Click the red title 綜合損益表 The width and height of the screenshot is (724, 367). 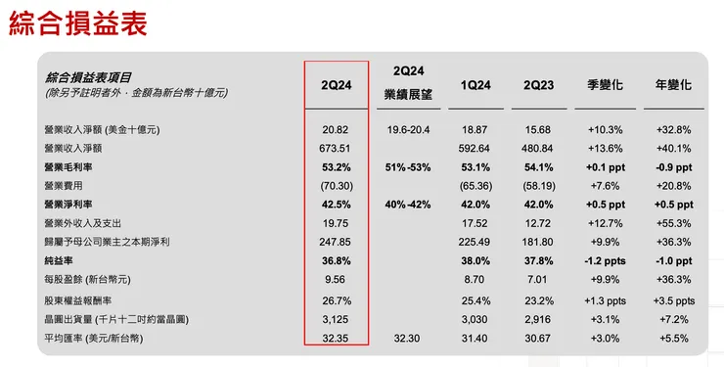coord(78,24)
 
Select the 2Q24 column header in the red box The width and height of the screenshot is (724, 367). coord(337,85)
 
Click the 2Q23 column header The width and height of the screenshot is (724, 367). coord(538,85)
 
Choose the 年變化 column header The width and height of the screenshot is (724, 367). coord(673,85)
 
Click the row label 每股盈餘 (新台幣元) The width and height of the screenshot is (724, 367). coord(95,280)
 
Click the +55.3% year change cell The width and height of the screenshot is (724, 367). coord(673,223)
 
